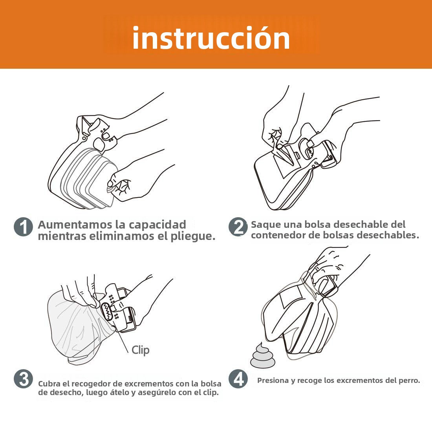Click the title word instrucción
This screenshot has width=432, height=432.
[211, 38]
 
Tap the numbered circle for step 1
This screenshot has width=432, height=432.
[23, 227]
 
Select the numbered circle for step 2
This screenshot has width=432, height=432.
[238, 227]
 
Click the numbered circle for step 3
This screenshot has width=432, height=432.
[23, 379]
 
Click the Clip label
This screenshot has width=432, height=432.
[140, 350]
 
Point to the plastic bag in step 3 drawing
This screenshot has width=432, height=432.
[71, 326]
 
